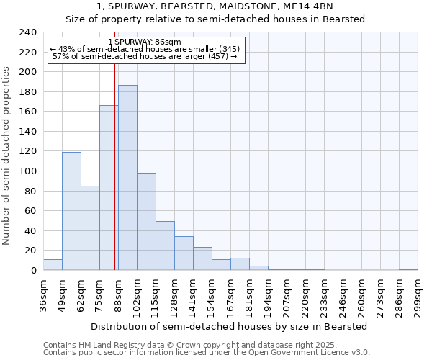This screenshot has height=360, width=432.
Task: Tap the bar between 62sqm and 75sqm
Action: click(x=90, y=228)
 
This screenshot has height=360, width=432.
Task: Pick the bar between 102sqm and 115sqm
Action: click(x=146, y=221)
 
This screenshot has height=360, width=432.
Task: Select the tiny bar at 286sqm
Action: click(x=408, y=269)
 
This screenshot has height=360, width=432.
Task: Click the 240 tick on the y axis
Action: click(x=27, y=32)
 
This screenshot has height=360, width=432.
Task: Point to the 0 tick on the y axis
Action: click(x=33, y=271)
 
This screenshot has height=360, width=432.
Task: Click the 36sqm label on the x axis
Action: click(x=44, y=293)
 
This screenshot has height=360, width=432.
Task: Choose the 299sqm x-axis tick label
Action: click(x=418, y=293)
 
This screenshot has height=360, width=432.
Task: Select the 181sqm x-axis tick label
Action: click(x=250, y=293)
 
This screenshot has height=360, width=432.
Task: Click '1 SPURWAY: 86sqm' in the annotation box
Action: click(x=144, y=42)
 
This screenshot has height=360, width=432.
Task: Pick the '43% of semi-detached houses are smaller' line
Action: click(x=144, y=49)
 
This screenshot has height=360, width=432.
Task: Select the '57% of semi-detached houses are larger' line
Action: click(x=145, y=56)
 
